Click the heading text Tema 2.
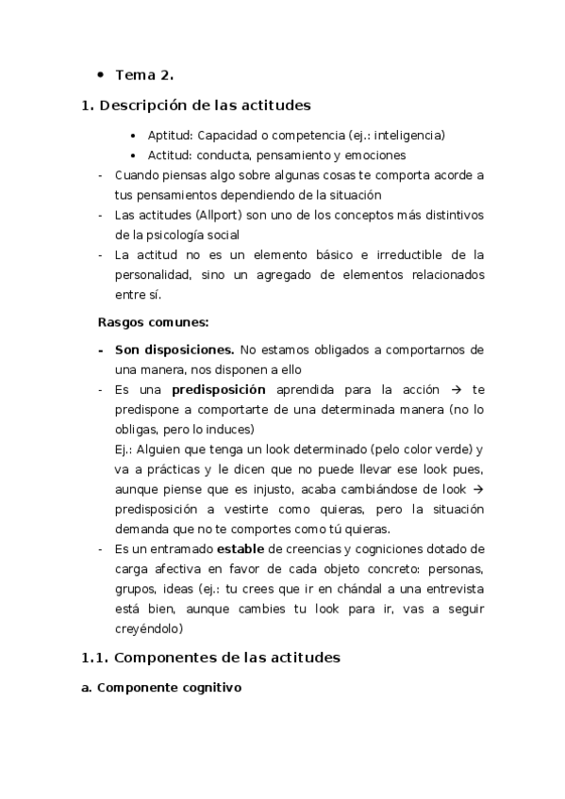(x=144, y=74)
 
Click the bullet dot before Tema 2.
(x=100, y=74)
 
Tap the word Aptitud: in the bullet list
(x=170, y=136)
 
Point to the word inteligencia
(x=408, y=136)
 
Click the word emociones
(x=374, y=155)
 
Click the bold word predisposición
(x=219, y=389)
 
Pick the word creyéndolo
(x=148, y=628)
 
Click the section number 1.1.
(x=98, y=657)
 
